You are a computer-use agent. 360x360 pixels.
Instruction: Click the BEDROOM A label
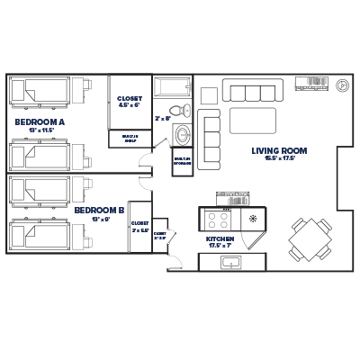pos(40,120)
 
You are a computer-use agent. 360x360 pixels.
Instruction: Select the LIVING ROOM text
pos(280,150)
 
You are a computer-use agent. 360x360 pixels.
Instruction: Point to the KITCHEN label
pos(220,239)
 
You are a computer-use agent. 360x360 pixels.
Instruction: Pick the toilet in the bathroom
pos(184,111)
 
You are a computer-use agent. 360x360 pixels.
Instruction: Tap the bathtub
pos(172,89)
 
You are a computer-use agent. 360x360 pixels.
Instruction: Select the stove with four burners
pos(218,219)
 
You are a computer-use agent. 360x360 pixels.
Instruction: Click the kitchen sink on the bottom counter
pos(231,262)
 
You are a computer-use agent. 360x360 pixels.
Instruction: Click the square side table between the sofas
pos(209,94)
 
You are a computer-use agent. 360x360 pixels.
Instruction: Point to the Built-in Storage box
pos(183,161)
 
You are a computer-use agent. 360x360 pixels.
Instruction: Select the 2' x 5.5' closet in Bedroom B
pos(140,227)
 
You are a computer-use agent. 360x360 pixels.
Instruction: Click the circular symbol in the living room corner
pos(342,86)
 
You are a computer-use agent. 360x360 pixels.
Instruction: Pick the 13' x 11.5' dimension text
pos(40,130)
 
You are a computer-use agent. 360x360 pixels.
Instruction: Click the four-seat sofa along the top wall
pos(253,91)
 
